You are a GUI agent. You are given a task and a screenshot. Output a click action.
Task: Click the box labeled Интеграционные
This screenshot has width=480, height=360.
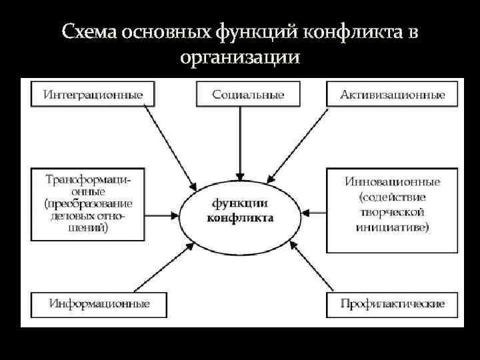tap(93, 94)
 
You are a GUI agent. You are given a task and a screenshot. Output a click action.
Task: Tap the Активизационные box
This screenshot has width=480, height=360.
tap(393, 94)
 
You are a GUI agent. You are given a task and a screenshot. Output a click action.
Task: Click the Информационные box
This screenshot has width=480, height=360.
tap(99, 304)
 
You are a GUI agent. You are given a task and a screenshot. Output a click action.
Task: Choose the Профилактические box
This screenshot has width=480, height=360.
tap(393, 304)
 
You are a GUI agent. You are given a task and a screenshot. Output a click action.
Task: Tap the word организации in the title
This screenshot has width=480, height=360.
tap(239, 57)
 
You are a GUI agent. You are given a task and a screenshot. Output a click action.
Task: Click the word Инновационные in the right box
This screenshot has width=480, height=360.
tap(393, 181)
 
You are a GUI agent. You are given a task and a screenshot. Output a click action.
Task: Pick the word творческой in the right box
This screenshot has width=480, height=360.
tap(393, 212)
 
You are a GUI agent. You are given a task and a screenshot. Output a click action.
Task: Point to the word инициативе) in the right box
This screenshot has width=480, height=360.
tap(393, 227)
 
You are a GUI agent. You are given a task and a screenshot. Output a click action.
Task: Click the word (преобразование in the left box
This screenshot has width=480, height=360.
tap(89, 203)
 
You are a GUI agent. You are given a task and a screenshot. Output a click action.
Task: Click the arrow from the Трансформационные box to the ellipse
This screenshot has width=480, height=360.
tap(161, 215)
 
